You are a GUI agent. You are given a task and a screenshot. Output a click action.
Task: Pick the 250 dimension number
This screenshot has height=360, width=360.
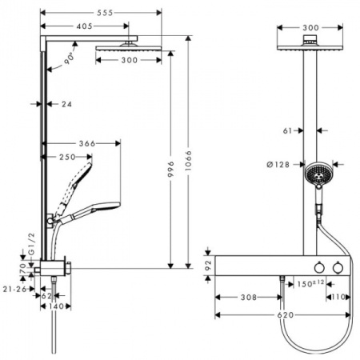click(x=69, y=157)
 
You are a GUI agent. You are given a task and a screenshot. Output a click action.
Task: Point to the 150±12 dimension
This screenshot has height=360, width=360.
click(x=310, y=283)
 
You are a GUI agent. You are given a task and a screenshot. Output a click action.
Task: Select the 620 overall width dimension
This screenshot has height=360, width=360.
click(x=283, y=315)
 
